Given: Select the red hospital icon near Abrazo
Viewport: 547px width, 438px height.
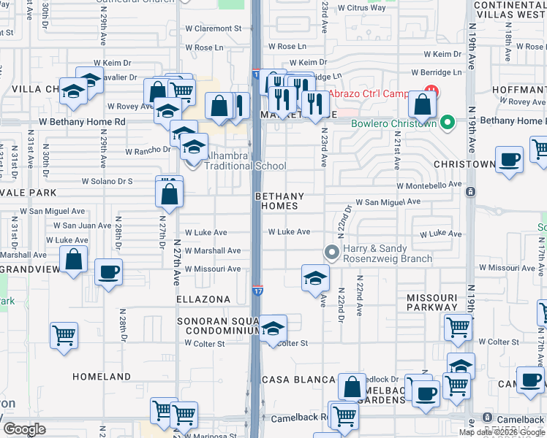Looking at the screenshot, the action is pos(432,93).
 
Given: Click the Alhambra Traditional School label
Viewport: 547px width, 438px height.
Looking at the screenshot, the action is pos(244,161).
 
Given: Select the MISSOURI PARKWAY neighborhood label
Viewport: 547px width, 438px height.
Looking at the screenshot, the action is pos(431,302).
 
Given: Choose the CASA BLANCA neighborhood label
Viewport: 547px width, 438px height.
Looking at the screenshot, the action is pos(297,380).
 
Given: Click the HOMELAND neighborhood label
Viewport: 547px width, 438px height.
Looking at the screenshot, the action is pos(102,377).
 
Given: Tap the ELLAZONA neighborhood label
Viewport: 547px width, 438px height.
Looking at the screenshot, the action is pos(203,299).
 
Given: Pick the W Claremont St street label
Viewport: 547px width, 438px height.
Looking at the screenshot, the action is pos(213,28).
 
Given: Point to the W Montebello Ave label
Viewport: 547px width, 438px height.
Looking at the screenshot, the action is pos(431,185).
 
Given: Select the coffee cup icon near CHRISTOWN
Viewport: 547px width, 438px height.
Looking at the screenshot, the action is pos(509,159).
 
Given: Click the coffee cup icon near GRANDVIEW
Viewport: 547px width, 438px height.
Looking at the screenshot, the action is pos(108,272).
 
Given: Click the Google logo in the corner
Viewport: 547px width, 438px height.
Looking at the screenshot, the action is pos(24,429).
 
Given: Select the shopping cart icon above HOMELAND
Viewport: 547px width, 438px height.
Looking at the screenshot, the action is pos(64,336).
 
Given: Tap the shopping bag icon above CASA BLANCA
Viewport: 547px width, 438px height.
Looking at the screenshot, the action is pos(352,386).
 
